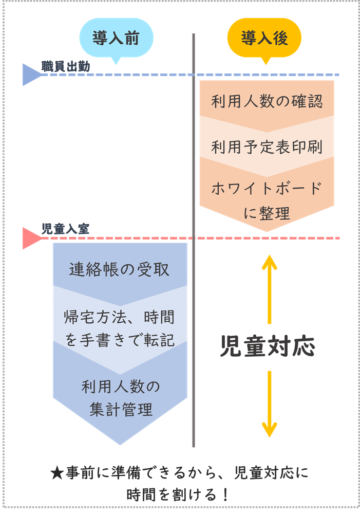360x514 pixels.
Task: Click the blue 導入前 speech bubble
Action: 116,39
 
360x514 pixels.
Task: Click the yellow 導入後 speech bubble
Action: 264,39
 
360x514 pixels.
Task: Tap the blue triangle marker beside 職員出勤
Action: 31,75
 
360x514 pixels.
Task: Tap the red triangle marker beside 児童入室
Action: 31,238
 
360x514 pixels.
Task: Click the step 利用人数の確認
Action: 267,101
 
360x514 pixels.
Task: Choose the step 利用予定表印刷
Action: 267,148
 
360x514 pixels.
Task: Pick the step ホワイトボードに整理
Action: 267,200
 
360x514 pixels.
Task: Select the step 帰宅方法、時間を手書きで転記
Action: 120,328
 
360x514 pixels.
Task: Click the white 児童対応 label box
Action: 267,348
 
